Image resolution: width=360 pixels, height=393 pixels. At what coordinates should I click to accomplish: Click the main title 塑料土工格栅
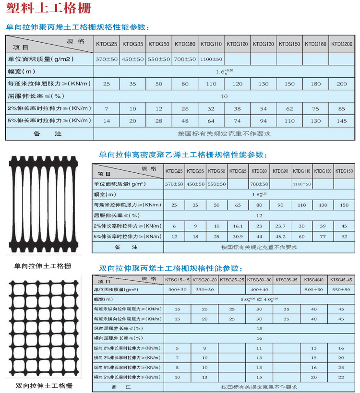pos(47,9)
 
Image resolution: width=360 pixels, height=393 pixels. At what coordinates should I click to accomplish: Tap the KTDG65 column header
pos(238,171)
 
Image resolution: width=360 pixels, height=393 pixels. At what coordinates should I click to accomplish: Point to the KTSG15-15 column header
pos(177,279)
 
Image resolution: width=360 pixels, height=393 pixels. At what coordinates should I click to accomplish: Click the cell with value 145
pos(341,120)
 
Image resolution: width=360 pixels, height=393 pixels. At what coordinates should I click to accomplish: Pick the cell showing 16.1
pos(238,226)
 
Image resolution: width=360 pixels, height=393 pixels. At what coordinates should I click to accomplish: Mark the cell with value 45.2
pos(281,236)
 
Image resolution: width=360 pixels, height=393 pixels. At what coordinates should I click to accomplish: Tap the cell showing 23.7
pos(281,226)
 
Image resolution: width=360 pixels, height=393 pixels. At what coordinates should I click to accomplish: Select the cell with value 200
pos(341,84)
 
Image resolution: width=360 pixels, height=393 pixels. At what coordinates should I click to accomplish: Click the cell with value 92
pos(344,236)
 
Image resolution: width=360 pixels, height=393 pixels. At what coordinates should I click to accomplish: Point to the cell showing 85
pos(341,108)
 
